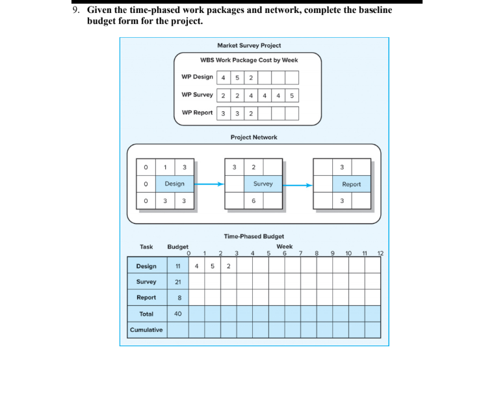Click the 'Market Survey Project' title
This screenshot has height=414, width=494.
[249, 46]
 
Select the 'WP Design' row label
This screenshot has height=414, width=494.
[197, 77]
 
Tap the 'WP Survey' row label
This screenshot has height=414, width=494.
[197, 95]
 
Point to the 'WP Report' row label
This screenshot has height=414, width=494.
[197, 113]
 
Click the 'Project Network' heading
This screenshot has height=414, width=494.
[253, 137]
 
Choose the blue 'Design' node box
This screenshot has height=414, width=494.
[174, 184]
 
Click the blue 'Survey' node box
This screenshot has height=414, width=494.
[263, 184]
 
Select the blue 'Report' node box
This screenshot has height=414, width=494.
[351, 184]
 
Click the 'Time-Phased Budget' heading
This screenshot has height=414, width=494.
[253, 236]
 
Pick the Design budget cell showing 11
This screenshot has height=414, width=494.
[177, 266]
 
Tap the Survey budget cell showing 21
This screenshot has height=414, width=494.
[177, 282]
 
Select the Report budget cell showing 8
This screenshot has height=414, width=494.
[177, 297]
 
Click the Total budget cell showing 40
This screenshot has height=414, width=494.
[177, 313]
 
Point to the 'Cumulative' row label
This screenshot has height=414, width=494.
[146, 329]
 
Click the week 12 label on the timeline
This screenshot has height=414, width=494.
[381, 253]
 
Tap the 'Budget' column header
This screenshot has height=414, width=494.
[177, 247]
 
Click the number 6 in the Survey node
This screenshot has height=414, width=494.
[253, 200]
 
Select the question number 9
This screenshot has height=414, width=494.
[76, 10]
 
